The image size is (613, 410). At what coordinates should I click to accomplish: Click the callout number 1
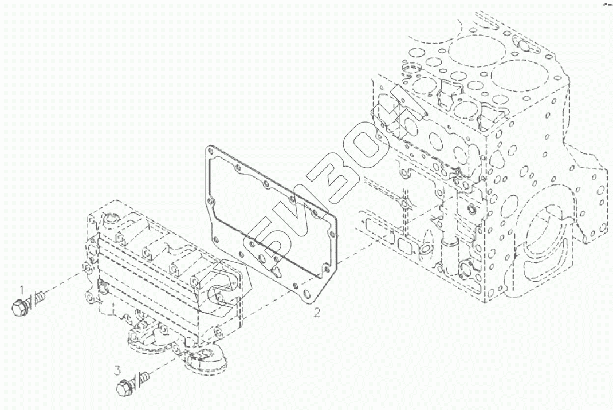tap(23, 289)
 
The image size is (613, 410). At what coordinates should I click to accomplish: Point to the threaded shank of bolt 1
tap(39, 298)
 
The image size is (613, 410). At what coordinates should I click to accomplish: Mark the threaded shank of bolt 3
tap(142, 377)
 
